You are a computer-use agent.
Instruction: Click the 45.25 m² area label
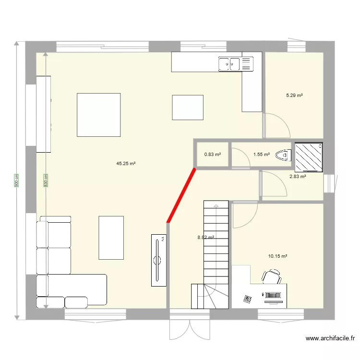(126, 164)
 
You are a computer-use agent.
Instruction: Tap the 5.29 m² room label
(294, 96)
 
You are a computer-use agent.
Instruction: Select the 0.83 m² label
(213, 155)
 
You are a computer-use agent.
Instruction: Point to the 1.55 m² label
(262, 155)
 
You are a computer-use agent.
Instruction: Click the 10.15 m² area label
(277, 256)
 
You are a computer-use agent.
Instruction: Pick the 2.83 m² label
(298, 176)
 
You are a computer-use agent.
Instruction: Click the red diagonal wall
(181, 195)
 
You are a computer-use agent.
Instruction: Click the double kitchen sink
(229, 64)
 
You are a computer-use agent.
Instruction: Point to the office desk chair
(272, 277)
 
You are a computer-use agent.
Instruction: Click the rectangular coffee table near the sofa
(111, 238)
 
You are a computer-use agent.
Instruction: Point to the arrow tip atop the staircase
(216, 205)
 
